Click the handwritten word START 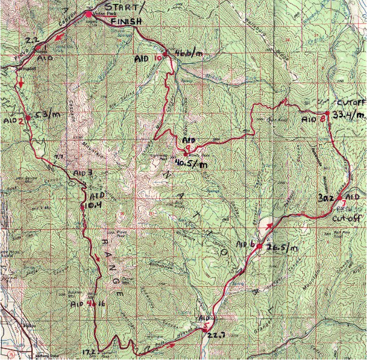point(119,8)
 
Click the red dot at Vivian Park point(88,14)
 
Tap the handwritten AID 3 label point(83,173)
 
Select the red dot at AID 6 point(260,246)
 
